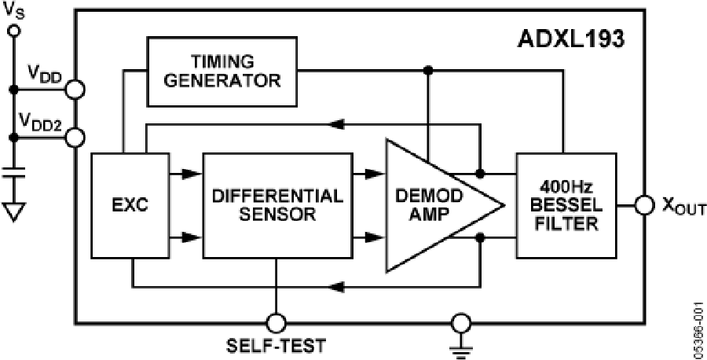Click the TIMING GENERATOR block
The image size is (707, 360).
tap(222, 71)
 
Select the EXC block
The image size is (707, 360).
tap(130, 206)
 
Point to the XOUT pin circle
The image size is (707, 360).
tap(644, 206)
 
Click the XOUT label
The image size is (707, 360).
tap(680, 206)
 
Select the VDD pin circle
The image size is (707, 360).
tap(75, 88)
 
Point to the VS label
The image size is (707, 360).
tap(13, 11)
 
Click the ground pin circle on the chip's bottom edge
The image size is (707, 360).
tap(461, 322)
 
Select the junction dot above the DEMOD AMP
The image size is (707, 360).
tap(427, 70)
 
